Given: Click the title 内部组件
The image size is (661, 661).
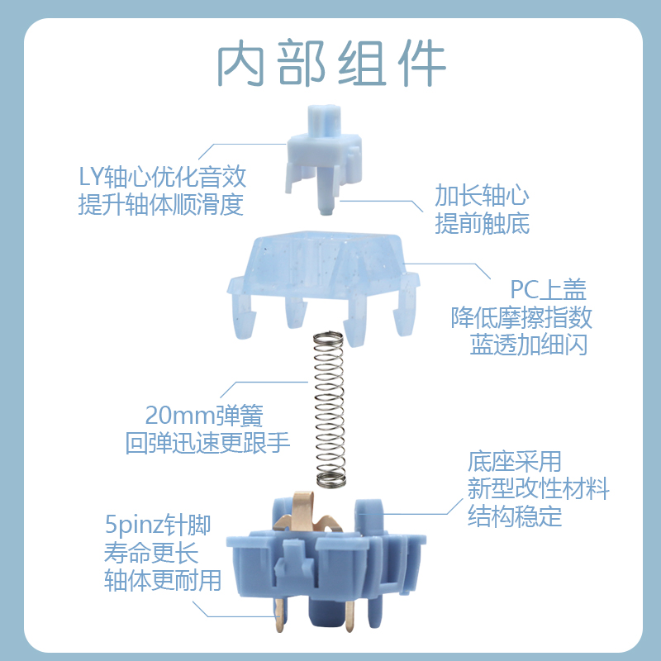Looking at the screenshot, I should point(330,63).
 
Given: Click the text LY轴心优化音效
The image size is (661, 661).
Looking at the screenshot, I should point(162,178).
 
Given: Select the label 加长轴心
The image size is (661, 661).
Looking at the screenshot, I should point(482,196).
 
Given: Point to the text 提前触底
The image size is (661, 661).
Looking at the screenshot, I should point(482,223).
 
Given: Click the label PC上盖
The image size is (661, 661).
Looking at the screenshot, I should point(548,290).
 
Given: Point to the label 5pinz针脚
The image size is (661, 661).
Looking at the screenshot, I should point(158,525).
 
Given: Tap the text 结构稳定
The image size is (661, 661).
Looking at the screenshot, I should point(515,516).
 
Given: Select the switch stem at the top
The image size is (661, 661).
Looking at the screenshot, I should point(324,153).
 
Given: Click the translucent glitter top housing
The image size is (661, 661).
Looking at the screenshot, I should point(322,264).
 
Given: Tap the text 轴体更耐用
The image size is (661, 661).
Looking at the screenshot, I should point(163,580).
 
